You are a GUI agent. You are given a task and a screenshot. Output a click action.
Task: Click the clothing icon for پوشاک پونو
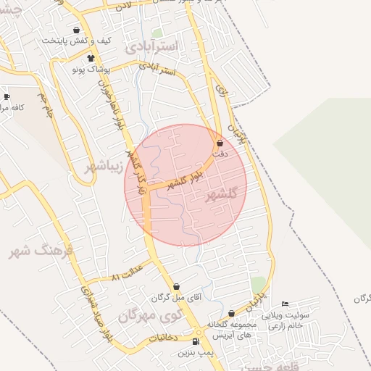click(91, 58)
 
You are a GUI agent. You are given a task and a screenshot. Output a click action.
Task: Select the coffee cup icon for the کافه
click(7, 96)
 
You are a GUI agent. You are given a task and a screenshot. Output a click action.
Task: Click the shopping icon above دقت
click(220, 143)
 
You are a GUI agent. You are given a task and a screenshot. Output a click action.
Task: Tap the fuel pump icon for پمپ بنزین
click(197, 341)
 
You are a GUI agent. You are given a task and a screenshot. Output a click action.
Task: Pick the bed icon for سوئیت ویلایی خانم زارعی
click(285, 303)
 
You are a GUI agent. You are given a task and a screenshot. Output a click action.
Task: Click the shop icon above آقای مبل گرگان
click(177, 287)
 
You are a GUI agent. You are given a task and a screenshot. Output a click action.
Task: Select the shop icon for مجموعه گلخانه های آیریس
click(231, 314)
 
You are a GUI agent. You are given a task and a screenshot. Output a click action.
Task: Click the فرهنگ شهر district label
click(41, 251)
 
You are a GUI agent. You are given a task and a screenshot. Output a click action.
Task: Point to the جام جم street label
click(46, 107)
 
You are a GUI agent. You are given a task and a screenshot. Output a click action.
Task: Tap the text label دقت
click(222, 154)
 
